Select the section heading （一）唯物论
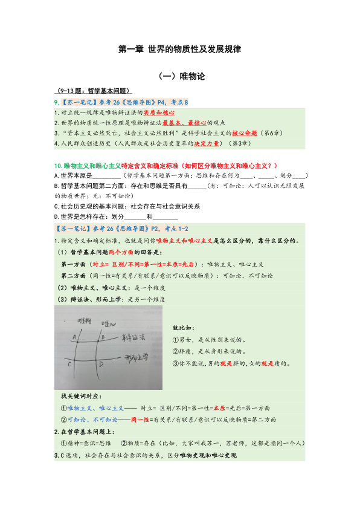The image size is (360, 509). (x=180, y=77)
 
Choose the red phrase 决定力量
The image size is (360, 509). (x=207, y=144)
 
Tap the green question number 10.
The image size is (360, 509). (x=57, y=165)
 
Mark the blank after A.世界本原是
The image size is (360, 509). (x=104, y=175)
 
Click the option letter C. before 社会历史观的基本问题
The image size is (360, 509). (x=56, y=206)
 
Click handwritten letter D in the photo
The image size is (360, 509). (x=100, y=365)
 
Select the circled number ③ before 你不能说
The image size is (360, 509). (x=176, y=364)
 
